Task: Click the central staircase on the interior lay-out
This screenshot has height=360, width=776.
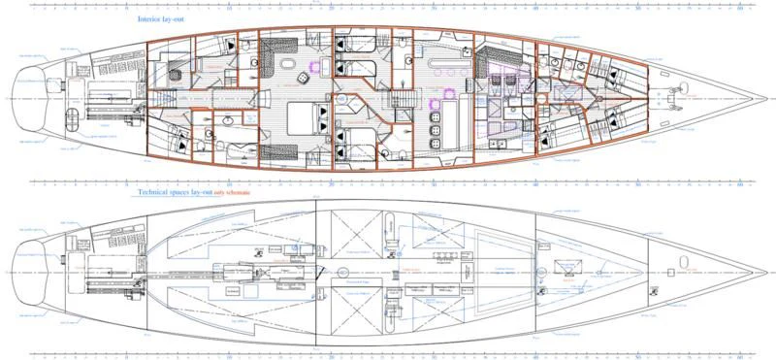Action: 400,96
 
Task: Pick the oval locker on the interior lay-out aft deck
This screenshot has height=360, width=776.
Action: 71,116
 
